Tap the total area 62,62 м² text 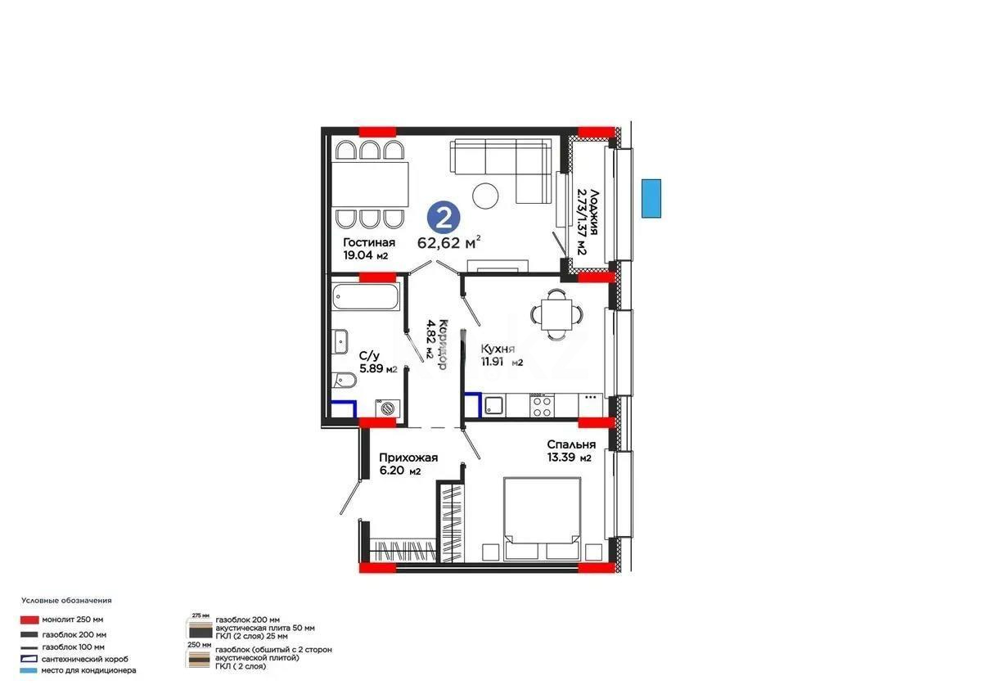point(448,242)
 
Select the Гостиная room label point(369,242)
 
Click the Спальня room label point(570,444)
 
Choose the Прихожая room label point(408,458)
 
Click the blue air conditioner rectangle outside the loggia point(651,198)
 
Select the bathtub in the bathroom point(366,297)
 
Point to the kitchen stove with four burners point(542,404)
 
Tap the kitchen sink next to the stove point(493,404)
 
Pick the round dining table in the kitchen point(556,313)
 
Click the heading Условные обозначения point(66,601)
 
